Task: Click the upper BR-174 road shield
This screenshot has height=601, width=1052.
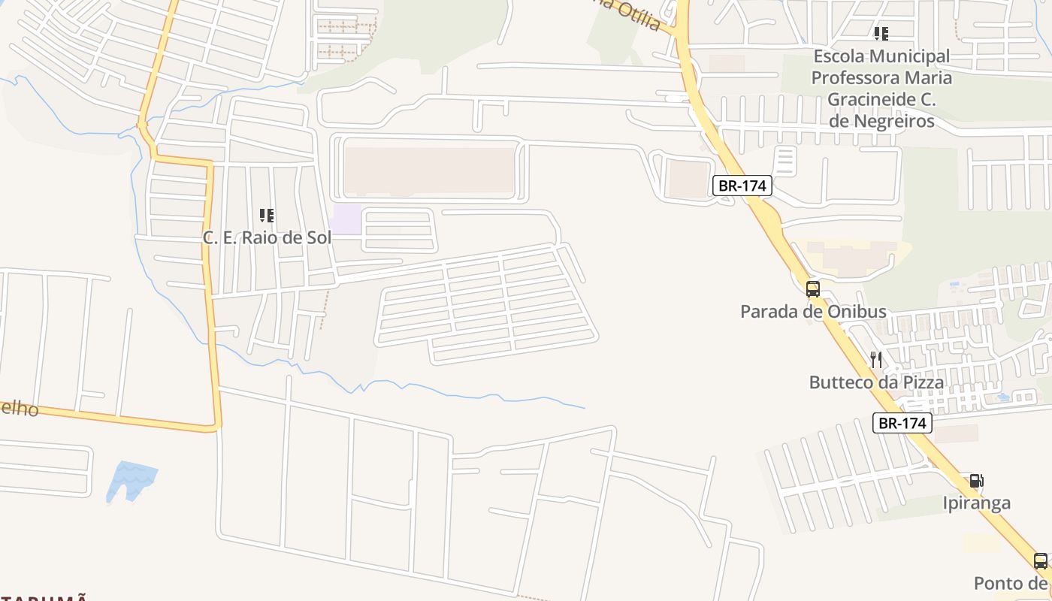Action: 742,186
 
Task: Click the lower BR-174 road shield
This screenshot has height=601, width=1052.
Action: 902,423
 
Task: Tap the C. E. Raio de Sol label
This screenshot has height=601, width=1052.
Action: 267,237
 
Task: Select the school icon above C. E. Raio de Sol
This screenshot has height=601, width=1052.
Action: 267,216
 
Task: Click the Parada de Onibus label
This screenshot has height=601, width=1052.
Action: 813,312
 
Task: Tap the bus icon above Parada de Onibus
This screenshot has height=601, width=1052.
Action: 812,288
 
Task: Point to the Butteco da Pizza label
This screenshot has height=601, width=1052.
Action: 876,382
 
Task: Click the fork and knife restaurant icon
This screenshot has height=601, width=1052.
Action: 876,360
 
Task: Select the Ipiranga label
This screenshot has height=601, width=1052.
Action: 976,503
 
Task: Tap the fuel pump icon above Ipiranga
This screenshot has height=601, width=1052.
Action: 976,481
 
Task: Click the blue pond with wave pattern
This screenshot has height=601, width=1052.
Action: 131,480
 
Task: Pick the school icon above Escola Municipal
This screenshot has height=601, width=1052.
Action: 881,34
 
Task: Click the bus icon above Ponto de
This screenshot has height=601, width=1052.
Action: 1040,560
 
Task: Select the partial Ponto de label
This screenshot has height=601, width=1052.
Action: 1011,583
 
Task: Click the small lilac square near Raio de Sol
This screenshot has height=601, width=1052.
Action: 346,219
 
